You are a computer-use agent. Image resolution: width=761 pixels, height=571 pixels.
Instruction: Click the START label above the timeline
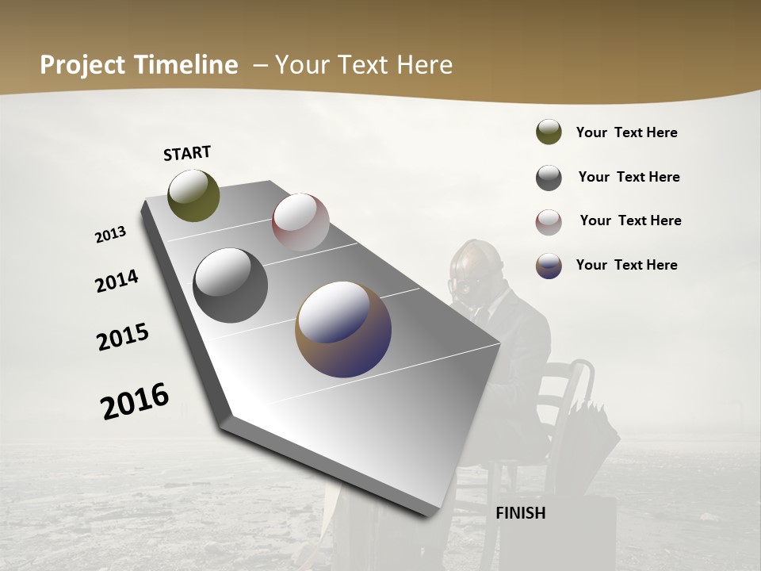tap(187, 153)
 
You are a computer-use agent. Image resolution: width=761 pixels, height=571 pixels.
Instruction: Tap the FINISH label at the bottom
tap(520, 513)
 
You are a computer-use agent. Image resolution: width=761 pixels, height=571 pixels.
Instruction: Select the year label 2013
tap(111, 235)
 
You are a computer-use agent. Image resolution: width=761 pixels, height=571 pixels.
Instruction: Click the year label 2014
tap(117, 281)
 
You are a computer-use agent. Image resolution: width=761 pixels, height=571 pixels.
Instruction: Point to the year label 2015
tap(123, 336)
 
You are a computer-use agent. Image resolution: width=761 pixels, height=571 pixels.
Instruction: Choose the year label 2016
tap(135, 400)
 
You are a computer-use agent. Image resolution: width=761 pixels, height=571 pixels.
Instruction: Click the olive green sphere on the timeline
tap(193, 195)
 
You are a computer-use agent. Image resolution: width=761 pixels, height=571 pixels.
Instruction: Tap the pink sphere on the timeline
tap(300, 221)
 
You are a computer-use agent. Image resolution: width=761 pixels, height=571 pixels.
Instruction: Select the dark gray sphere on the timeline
tap(230, 285)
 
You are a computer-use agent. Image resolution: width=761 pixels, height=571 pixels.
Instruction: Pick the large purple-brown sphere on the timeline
tap(343, 329)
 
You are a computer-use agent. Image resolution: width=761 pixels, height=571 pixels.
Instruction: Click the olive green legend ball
tap(549, 132)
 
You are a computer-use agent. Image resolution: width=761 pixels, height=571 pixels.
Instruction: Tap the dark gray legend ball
tap(549, 178)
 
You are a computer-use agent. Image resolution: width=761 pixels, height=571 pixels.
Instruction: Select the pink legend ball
tap(549, 222)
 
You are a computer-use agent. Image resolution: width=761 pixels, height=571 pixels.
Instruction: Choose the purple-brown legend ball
tap(549, 266)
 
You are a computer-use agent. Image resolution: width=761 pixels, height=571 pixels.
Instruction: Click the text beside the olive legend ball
tap(626, 132)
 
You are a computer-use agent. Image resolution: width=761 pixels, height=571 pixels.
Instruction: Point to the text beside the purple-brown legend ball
tap(626, 265)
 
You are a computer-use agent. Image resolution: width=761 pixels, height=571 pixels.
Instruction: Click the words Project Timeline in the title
tap(139, 65)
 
